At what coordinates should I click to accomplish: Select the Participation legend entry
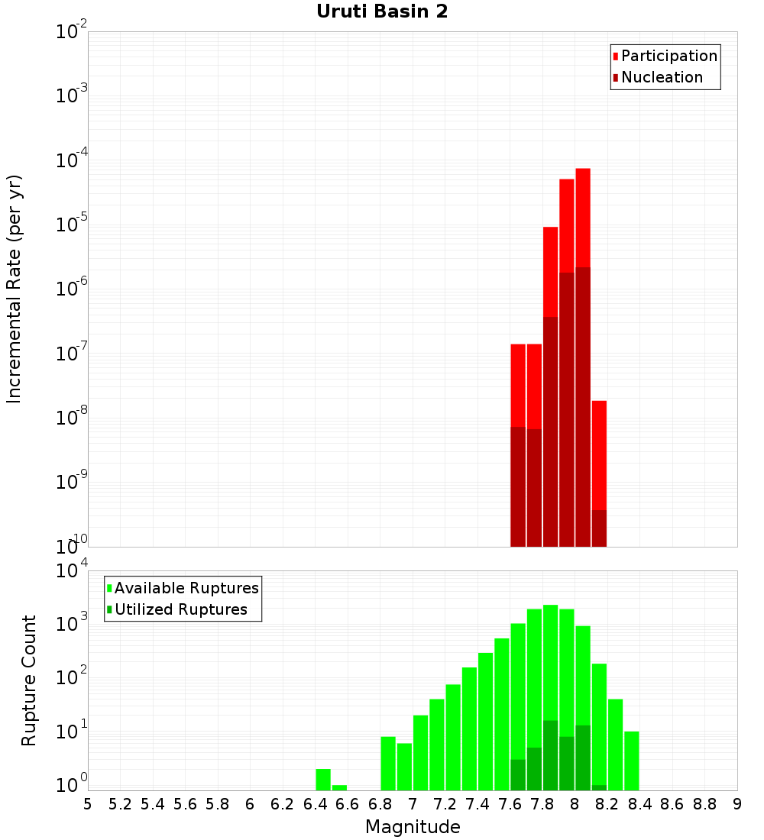(665, 56)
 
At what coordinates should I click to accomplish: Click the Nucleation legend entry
(657, 77)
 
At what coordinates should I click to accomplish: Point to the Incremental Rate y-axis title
(15, 289)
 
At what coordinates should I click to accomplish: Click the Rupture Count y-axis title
(29, 680)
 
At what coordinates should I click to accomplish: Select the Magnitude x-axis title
(413, 827)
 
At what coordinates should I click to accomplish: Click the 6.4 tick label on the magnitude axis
(315, 804)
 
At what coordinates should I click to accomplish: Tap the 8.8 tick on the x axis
(704, 804)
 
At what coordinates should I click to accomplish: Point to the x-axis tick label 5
(88, 804)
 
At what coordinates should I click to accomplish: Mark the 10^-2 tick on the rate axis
(72, 32)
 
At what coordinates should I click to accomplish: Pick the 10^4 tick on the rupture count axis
(72, 571)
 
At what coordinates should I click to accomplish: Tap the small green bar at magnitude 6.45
(323, 780)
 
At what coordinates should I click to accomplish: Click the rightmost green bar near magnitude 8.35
(631, 761)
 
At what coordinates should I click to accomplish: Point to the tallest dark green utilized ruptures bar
(550, 755)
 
